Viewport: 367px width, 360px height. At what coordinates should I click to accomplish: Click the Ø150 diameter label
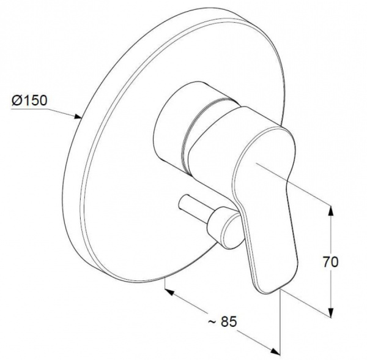point(29,100)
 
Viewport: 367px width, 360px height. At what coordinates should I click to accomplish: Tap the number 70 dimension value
point(331,262)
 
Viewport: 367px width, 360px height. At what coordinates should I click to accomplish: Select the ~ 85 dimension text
point(223,321)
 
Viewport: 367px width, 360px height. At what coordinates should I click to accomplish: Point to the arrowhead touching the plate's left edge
point(78,116)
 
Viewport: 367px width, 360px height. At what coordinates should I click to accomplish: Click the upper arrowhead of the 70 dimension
point(331,211)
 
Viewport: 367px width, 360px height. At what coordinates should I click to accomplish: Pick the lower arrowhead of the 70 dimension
point(331,312)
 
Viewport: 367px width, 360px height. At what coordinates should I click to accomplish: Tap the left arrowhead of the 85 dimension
point(169,292)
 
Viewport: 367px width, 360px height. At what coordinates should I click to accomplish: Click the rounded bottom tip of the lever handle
point(268,290)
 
